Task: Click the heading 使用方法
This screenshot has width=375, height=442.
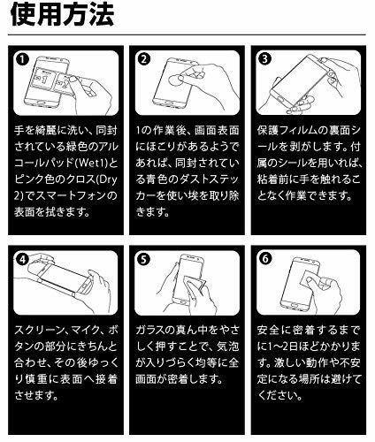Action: [62, 15]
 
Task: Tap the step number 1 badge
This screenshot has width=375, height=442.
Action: [22, 59]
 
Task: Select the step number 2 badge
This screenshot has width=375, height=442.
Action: [143, 59]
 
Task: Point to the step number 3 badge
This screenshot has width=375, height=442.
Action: [264, 59]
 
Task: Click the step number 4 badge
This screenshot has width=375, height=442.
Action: [22, 259]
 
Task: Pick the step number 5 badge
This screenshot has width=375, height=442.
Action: [143, 259]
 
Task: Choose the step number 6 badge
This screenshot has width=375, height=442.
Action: [265, 259]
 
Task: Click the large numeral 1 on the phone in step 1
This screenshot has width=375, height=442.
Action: [44, 78]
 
